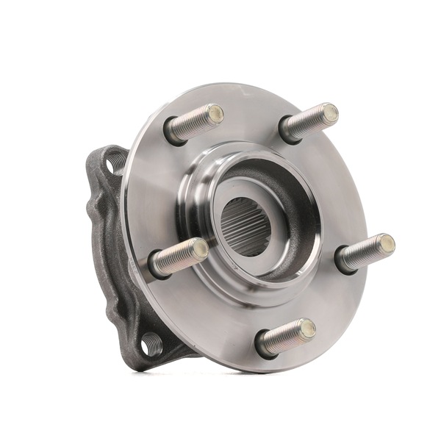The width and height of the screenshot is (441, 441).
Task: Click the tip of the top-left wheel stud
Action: tap(215, 113)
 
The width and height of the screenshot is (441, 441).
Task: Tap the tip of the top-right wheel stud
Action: tap(330, 113)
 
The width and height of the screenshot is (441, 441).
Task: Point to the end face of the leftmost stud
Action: tap(199, 248)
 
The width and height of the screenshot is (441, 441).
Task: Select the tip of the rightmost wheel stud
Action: tap(387, 243)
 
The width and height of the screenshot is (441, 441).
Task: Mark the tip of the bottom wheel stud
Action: tap(307, 328)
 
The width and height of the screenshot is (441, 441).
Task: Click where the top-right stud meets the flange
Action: tap(289, 133)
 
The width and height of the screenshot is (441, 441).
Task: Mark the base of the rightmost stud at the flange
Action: tap(343, 262)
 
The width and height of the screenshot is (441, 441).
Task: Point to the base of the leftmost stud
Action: tap(156, 267)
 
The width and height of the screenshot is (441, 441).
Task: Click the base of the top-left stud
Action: tap(172, 133)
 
